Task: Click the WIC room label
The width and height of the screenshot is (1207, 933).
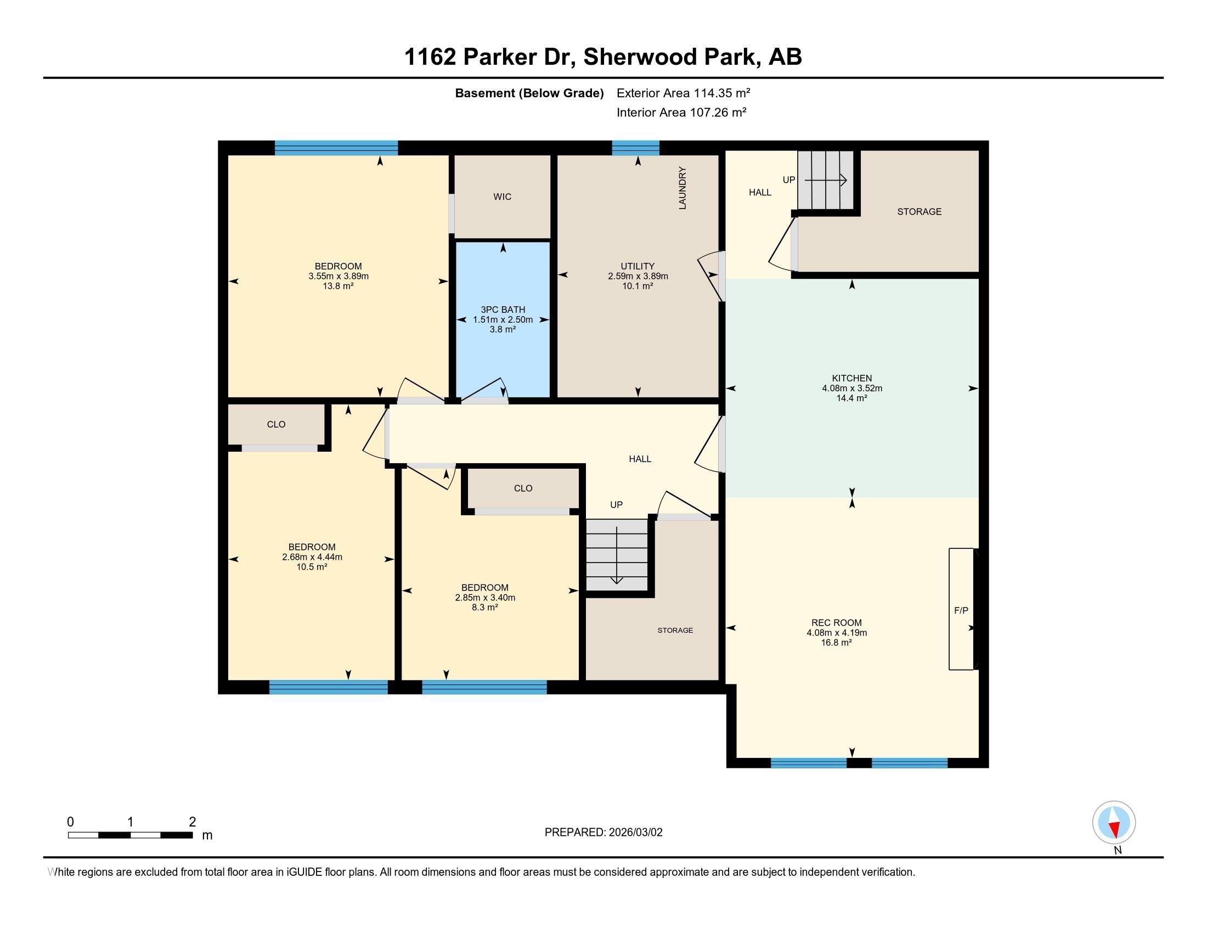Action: tap(502, 197)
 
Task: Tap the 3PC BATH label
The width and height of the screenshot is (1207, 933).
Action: tap(503, 310)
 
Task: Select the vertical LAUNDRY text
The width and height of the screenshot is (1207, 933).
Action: tap(682, 188)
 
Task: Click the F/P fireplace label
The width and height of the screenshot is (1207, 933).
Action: tap(961, 610)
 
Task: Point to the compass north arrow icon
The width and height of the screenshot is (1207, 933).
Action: tap(1114, 822)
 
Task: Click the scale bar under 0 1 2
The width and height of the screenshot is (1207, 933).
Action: tap(131, 835)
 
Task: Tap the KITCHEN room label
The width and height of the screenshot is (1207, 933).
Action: tap(851, 378)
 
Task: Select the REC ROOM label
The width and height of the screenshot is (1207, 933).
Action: tap(836, 622)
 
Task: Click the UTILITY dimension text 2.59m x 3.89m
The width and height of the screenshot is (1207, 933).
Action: tap(638, 276)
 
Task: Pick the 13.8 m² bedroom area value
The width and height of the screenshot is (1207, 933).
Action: tap(338, 286)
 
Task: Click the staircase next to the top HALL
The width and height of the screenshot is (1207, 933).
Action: tap(826, 179)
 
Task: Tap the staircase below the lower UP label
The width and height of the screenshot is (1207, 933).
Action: tap(617, 554)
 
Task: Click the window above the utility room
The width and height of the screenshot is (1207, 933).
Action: tap(635, 148)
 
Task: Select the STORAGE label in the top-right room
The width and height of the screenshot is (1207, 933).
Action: tap(919, 211)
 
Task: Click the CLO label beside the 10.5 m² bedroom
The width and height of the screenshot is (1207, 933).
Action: tap(276, 424)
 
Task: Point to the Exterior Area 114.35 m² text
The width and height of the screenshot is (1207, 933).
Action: tap(683, 93)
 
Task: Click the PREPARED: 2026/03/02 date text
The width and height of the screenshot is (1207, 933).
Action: tap(603, 832)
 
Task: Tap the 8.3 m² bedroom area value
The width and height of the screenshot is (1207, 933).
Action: tap(484, 607)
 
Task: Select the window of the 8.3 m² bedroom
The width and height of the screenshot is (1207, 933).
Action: tap(484, 687)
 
